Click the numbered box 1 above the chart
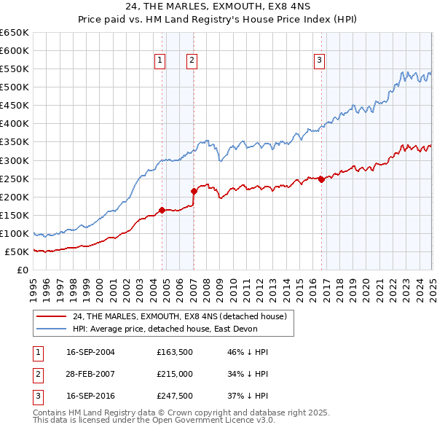[x=160, y=61]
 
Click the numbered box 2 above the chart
[x=192, y=61]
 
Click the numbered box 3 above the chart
[x=319, y=61]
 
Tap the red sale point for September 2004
[x=162, y=210]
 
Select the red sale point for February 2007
[x=194, y=192]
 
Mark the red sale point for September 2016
[x=321, y=179]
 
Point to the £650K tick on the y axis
[x=15, y=33]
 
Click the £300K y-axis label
[x=15, y=160]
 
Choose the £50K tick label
[x=17, y=251]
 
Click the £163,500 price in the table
[x=173, y=352]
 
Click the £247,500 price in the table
[x=173, y=397]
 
